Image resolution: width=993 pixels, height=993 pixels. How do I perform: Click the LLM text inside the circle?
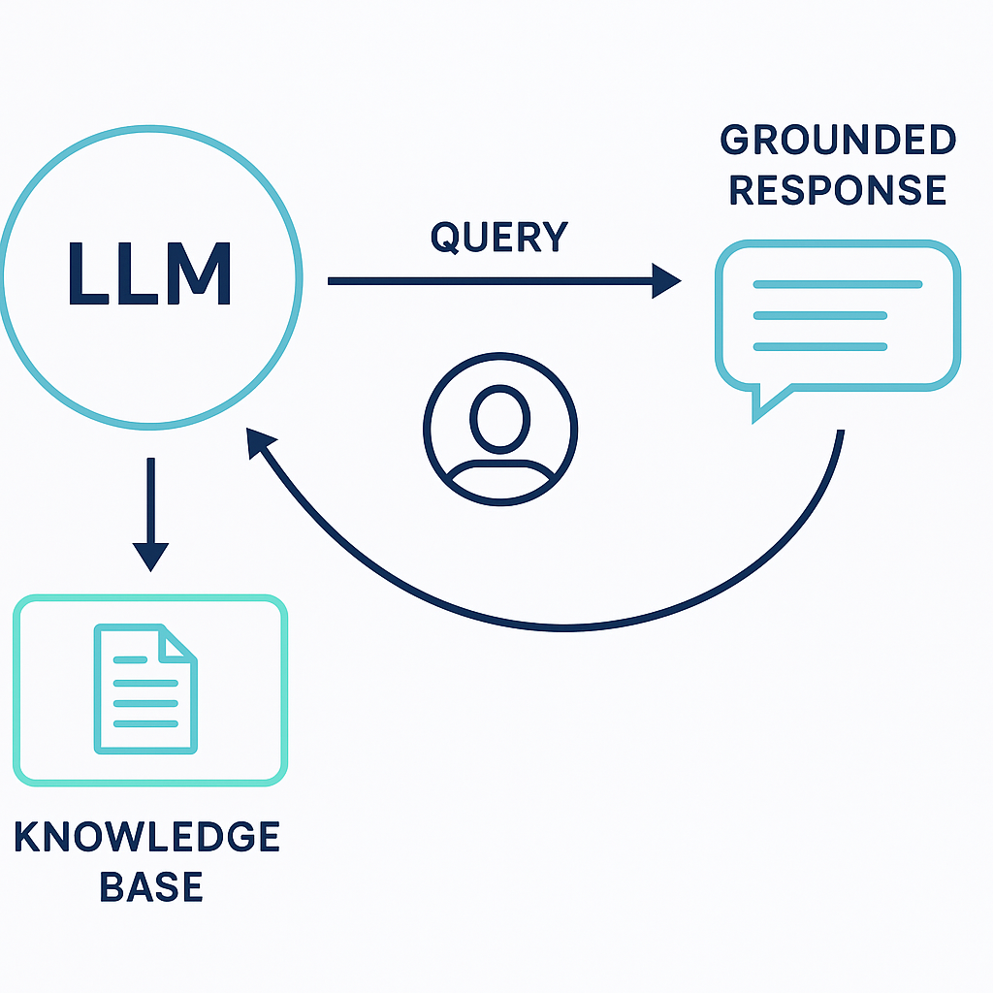coord(149,274)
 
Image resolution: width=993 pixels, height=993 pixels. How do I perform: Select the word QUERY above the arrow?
coord(499,238)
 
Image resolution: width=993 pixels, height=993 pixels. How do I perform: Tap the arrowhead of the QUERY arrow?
coord(667,281)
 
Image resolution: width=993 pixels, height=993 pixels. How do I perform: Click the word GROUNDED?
coord(839,142)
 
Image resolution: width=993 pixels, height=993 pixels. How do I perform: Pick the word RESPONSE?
coord(838,189)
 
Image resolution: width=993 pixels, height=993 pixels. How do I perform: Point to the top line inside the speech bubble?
coord(837,285)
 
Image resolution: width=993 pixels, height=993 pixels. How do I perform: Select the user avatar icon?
coord(499,428)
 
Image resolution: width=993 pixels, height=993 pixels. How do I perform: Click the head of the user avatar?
coord(500,417)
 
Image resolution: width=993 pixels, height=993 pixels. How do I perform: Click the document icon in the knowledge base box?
coord(144,689)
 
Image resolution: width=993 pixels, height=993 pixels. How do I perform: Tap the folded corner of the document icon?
coord(177,643)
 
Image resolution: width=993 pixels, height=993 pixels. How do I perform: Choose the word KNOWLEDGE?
coord(147,837)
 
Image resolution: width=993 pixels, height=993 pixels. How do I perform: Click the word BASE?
coord(149,886)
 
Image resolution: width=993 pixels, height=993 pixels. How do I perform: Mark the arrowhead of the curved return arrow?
coord(259,445)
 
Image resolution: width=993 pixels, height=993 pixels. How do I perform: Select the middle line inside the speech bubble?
coord(820,316)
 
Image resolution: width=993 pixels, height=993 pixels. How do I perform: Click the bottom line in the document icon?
coord(145,724)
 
